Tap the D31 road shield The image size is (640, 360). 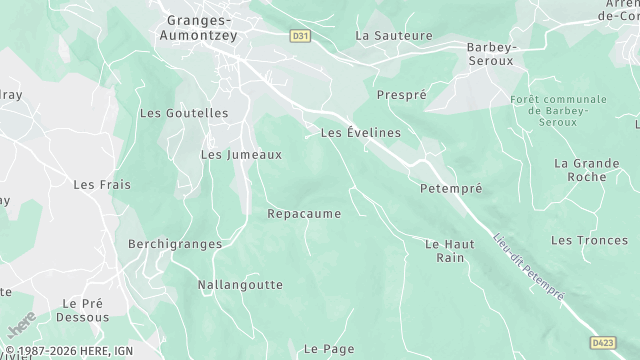(x=299, y=35)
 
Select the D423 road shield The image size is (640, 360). (x=602, y=342)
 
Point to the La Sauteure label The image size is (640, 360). (x=394, y=35)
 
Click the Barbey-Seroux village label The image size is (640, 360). (x=490, y=54)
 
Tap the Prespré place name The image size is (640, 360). (x=401, y=95)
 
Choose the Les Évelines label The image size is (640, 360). (x=360, y=132)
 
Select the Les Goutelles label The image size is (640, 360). (x=184, y=114)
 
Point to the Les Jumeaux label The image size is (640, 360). (x=241, y=155)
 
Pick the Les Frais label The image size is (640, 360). (x=102, y=185)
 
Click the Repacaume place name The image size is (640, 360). (x=304, y=214)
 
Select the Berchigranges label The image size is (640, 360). (x=167, y=243)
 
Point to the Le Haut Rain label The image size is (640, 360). (x=450, y=250)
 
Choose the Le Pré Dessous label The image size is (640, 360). (x=85, y=310)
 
